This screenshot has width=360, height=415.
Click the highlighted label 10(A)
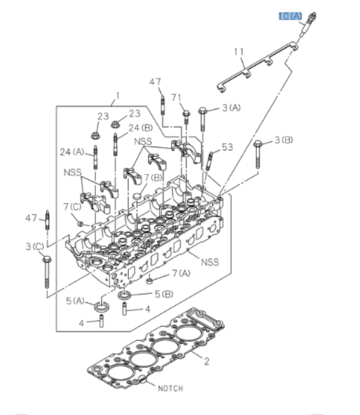click(x=290, y=16)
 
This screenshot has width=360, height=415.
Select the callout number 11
click(x=239, y=52)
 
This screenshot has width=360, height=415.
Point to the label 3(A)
click(x=231, y=108)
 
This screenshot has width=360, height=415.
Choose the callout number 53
click(x=227, y=148)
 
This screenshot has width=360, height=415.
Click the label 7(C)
click(x=72, y=206)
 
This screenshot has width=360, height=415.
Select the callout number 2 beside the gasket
click(x=206, y=361)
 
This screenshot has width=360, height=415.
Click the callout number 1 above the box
click(x=117, y=96)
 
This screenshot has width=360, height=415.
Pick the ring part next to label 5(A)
click(x=102, y=305)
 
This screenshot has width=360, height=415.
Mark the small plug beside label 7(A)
click(x=149, y=277)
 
